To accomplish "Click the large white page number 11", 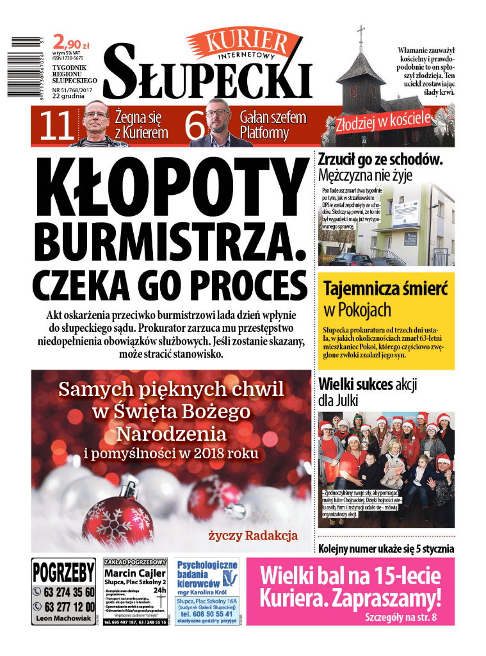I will pos(57,126).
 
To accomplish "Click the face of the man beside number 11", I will pos(96,120).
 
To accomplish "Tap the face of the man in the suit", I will pos(218,119).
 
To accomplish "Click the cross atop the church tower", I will pos(360,31).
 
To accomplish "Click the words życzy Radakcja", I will pos(253,535).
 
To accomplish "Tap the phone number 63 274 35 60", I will pos(67,591).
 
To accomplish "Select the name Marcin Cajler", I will pos(135,572).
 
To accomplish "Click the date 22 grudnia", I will pos(69,97).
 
